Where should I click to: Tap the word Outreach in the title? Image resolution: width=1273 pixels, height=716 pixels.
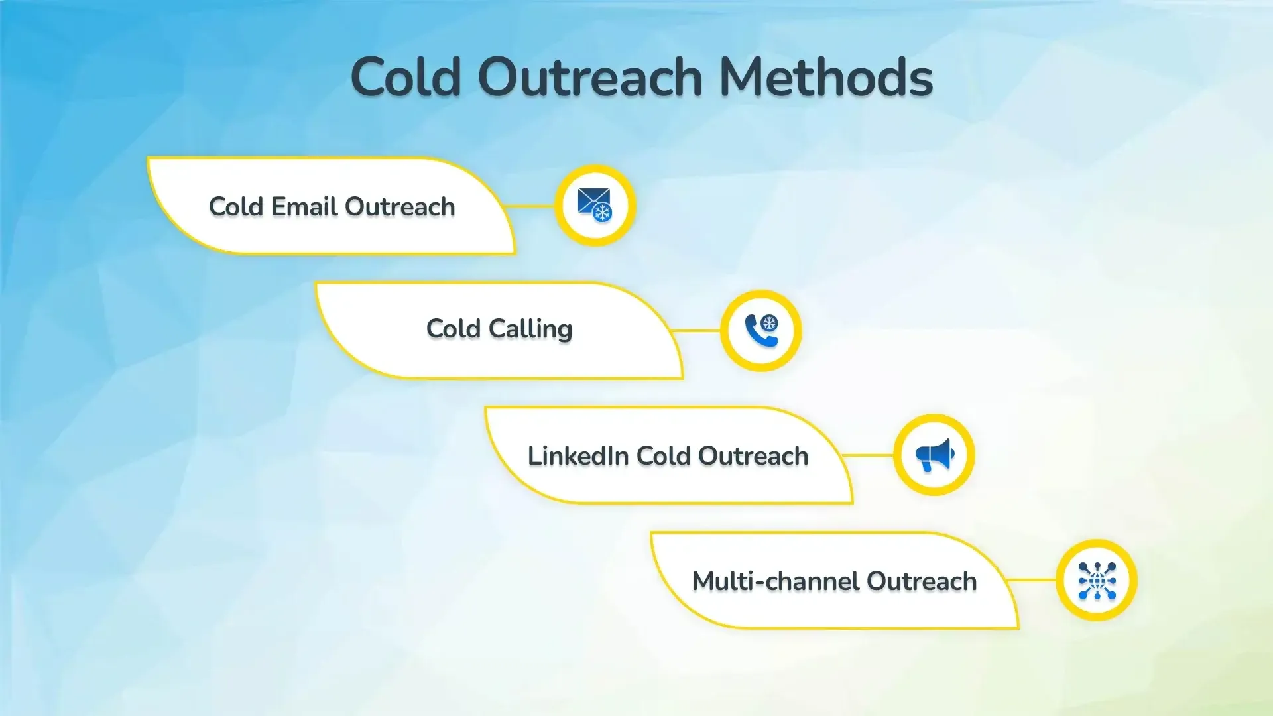(590, 77)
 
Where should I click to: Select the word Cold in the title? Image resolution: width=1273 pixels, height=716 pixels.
(406, 77)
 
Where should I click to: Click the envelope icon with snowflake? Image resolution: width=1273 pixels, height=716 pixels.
(595, 205)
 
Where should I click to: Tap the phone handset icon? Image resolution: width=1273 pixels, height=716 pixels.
(758, 331)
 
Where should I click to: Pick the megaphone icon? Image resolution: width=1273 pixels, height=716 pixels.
(934, 455)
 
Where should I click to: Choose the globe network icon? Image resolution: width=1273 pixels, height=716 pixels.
(1097, 580)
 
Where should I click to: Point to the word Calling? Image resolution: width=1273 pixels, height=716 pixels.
(530, 329)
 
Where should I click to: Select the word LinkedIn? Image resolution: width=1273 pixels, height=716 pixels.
(577, 456)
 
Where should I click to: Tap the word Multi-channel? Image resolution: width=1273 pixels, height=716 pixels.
(775, 581)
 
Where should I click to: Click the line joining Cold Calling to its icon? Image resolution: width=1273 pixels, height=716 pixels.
(696, 330)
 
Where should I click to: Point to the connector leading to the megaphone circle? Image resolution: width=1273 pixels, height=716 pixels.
(869, 455)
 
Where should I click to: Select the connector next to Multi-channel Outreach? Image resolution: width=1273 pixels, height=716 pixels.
(1032, 580)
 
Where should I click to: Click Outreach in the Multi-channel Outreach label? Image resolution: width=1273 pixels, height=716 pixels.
(922, 581)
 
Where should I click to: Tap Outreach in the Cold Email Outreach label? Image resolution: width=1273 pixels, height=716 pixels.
(400, 207)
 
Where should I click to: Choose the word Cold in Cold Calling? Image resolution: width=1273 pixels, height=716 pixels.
(454, 329)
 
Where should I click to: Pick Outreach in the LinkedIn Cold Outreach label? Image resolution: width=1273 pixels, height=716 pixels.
(753, 456)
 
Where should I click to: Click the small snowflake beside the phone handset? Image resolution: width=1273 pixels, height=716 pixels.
(769, 324)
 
